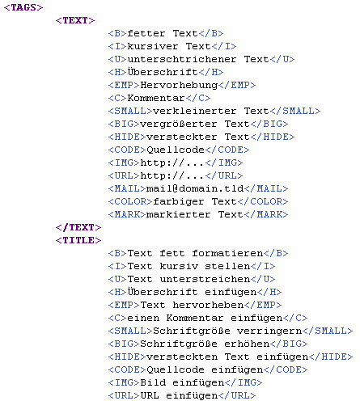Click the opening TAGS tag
tap(23, 7)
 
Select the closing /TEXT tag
tap(78, 227)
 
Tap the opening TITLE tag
tap(78, 240)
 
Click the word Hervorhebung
tap(179, 86)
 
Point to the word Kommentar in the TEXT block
tap(156, 98)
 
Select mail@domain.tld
tap(195, 188)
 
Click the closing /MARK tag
tap(266, 214)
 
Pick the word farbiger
tap(179, 202)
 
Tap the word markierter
tap(178, 214)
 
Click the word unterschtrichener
tap(182, 59)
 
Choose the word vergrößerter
tap(179, 125)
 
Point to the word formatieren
tap(227, 253)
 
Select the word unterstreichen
tap(205, 279)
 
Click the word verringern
tap(269, 331)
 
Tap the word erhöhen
tap(247, 344)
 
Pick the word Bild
tap(153, 382)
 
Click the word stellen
tap(227, 266)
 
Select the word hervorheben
tap(208, 305)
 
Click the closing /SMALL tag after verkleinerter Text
tap(295, 111)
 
